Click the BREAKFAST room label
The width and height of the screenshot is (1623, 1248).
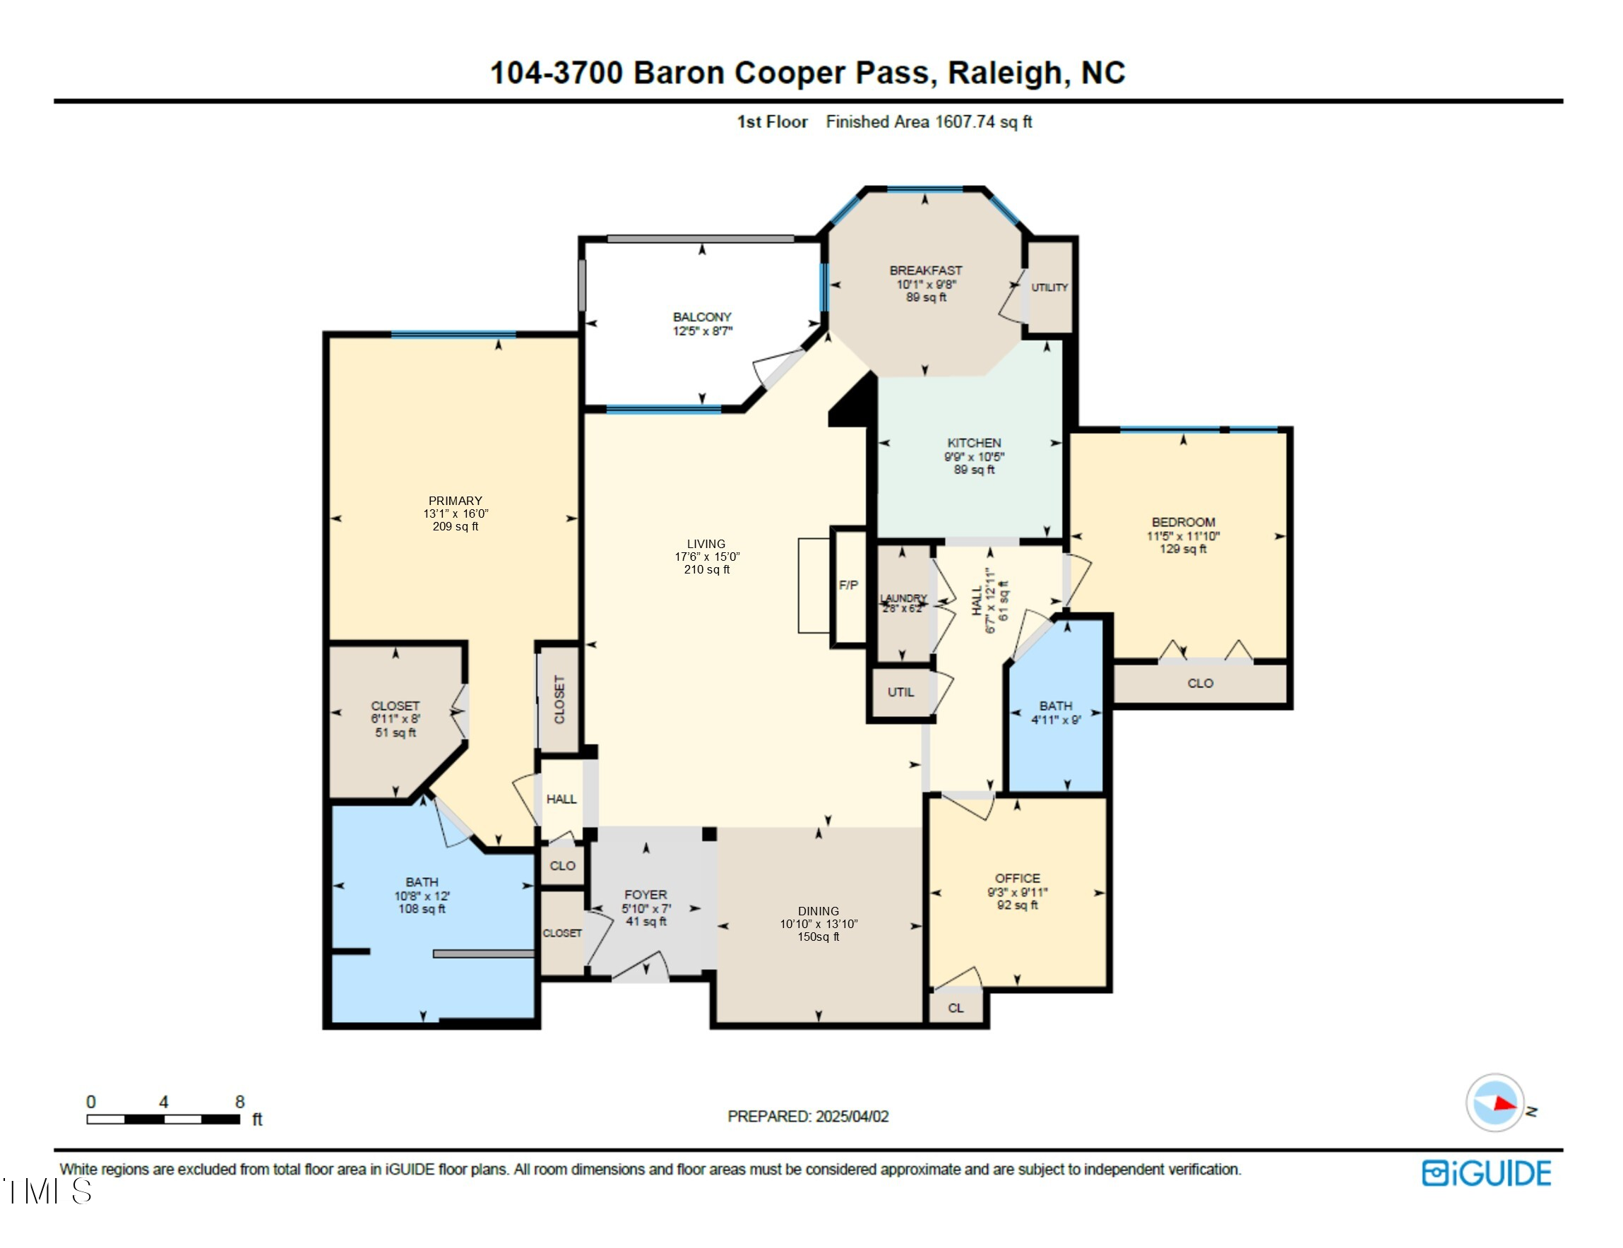point(925,271)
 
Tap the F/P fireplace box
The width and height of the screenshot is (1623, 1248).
point(849,586)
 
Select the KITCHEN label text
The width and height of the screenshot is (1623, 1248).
point(973,443)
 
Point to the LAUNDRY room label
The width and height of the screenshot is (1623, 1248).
point(903,598)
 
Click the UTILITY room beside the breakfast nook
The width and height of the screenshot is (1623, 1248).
point(1049,287)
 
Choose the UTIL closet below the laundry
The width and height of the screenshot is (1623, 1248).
point(900,692)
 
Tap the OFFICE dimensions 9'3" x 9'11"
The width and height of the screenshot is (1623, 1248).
point(1017,892)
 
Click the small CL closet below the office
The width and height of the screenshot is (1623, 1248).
point(956,1008)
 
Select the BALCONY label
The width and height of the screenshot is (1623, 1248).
point(702,317)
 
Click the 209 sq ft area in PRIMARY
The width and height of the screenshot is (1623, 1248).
point(456,527)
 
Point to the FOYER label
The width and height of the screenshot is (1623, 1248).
point(646,895)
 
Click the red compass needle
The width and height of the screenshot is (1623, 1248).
point(1504,1103)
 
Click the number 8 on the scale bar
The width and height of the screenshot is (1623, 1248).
point(240,1102)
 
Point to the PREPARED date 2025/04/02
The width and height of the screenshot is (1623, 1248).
point(851,1117)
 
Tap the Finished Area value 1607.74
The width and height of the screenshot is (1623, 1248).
point(964,121)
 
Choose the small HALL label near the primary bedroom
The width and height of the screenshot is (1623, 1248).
point(561,800)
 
